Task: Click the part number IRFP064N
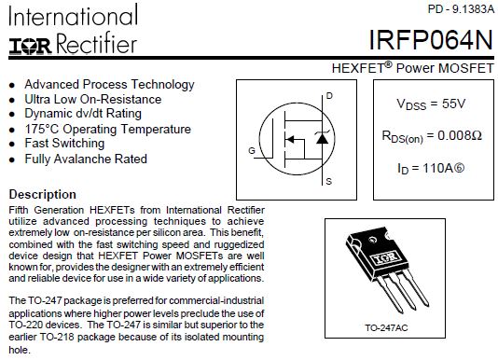[431, 40]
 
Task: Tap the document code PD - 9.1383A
[461, 9]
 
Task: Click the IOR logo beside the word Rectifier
[30, 47]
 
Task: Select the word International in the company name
[74, 16]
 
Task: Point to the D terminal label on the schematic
[329, 96]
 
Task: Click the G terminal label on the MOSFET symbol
[252, 150]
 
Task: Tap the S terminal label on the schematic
[328, 182]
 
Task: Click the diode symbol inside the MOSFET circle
[323, 138]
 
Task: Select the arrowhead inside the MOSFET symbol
[290, 139]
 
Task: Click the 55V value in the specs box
[453, 104]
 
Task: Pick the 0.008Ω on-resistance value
[460, 135]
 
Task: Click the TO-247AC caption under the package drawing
[386, 327]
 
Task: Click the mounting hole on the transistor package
[371, 240]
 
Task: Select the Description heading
[43, 195]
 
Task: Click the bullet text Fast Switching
[64, 144]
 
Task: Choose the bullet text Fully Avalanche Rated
[86, 159]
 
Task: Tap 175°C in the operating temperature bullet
[42, 129]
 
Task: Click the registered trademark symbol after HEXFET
[389, 64]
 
